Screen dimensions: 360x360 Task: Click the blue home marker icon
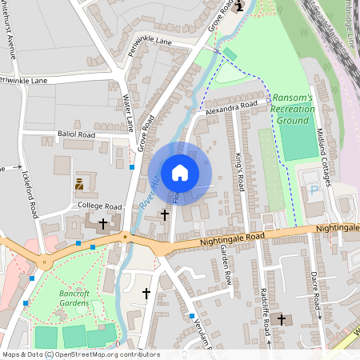(x=180, y=173)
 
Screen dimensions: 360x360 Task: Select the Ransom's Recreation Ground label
(x=293, y=109)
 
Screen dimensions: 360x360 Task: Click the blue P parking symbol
(x=314, y=190)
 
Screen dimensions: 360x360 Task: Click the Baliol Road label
(x=76, y=134)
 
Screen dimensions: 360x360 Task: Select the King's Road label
(x=238, y=172)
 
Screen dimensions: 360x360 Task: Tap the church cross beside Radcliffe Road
(x=280, y=319)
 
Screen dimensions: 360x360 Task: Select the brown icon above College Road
(x=79, y=184)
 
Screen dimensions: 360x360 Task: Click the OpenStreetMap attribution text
(x=70, y=354)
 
